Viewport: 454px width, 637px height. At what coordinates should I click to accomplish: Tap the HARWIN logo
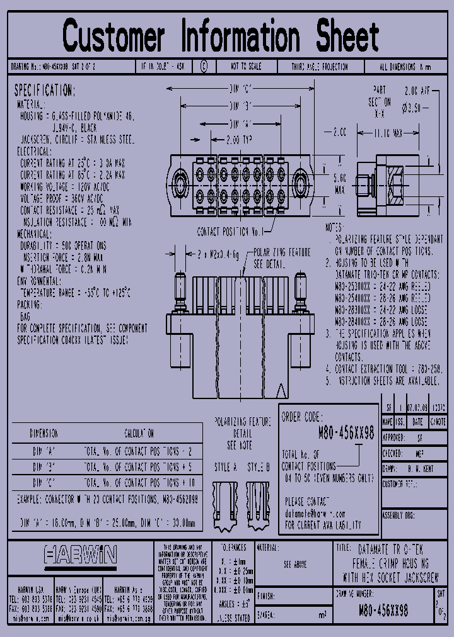pyautogui.click(x=80, y=555)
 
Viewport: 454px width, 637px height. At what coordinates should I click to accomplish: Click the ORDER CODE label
pyautogui.click(x=301, y=417)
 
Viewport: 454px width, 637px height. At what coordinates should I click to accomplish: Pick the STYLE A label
pyautogui.click(x=225, y=468)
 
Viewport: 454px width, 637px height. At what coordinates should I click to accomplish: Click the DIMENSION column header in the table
pyautogui.click(x=44, y=434)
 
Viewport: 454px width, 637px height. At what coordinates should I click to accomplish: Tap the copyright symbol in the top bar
pyautogui.click(x=203, y=66)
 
